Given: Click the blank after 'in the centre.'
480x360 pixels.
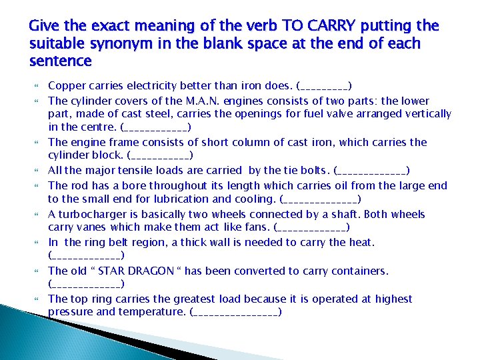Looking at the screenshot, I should point(156,127).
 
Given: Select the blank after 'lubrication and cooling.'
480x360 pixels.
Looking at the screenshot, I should point(320,199).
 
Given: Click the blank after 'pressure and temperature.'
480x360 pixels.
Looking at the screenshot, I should point(235,313).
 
